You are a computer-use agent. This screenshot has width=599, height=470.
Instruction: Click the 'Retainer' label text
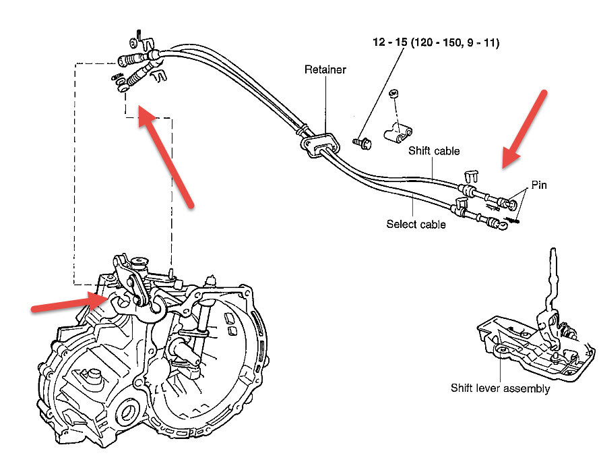[325, 69]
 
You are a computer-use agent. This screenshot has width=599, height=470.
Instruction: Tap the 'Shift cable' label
[433, 151]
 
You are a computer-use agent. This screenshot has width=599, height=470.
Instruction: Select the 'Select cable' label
[416, 225]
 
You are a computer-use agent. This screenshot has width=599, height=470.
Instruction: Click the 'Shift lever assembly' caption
[500, 388]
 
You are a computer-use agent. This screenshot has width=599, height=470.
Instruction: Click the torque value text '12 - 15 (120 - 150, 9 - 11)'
[436, 42]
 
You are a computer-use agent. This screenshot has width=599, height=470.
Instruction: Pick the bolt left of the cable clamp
[362, 142]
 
